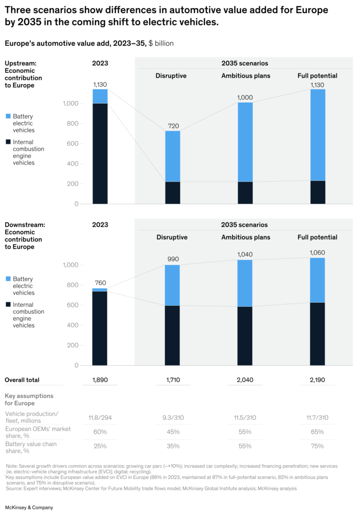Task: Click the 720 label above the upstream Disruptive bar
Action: (x=172, y=124)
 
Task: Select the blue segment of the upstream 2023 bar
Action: (x=100, y=96)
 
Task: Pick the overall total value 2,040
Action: (x=245, y=380)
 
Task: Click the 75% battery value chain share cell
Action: (x=317, y=446)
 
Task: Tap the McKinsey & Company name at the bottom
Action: (x=29, y=507)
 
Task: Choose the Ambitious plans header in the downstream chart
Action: (x=245, y=237)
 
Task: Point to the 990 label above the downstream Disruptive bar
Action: (x=172, y=259)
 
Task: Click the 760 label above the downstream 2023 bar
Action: (x=100, y=283)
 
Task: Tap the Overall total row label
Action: (x=22, y=380)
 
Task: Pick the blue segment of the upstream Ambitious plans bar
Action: (x=245, y=142)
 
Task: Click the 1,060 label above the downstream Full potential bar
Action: (x=317, y=252)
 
